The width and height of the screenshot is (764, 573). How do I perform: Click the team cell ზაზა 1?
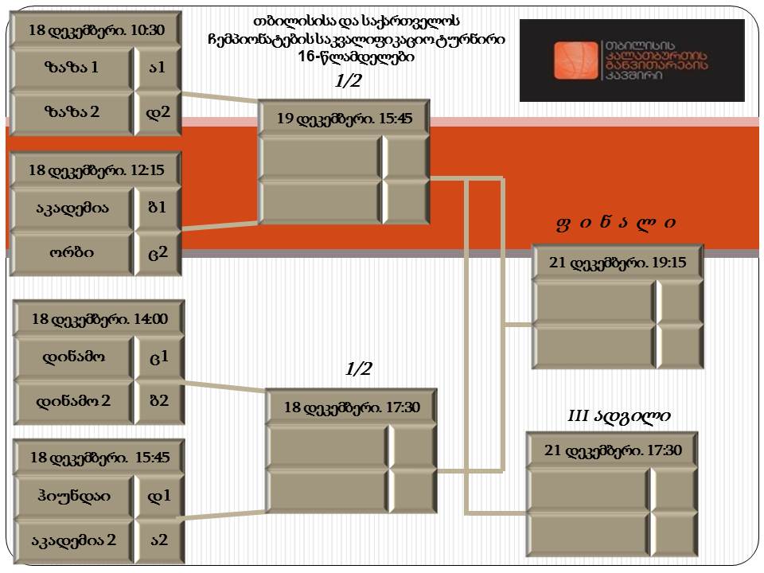(x=72, y=67)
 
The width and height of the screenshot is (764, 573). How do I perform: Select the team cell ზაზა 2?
(x=72, y=112)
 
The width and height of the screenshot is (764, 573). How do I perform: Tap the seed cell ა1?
(x=158, y=67)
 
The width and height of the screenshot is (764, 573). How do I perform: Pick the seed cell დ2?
(x=158, y=112)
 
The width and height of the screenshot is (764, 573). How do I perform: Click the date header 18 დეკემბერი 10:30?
(x=96, y=29)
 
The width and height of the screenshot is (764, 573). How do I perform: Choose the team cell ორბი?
(x=72, y=252)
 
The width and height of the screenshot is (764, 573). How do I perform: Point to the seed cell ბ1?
(x=158, y=208)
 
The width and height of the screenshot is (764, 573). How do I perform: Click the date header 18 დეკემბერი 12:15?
(x=96, y=170)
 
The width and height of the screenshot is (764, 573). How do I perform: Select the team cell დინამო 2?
(x=73, y=401)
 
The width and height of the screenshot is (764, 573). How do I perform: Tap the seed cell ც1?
(x=159, y=357)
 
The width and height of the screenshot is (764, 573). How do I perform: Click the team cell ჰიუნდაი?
(x=73, y=496)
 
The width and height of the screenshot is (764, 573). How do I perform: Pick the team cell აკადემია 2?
(x=73, y=540)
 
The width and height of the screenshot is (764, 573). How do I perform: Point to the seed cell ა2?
(x=159, y=540)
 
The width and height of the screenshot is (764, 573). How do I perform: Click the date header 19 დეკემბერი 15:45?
(x=344, y=119)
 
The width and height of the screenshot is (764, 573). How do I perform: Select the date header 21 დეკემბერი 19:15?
(x=618, y=262)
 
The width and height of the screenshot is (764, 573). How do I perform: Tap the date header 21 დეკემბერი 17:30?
(x=613, y=450)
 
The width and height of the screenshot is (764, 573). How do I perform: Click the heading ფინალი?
(x=616, y=223)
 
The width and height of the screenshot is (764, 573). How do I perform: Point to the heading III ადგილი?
(x=619, y=415)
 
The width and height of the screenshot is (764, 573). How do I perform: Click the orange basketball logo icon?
(x=575, y=60)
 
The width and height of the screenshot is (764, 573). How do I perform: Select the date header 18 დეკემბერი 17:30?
(x=351, y=407)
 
